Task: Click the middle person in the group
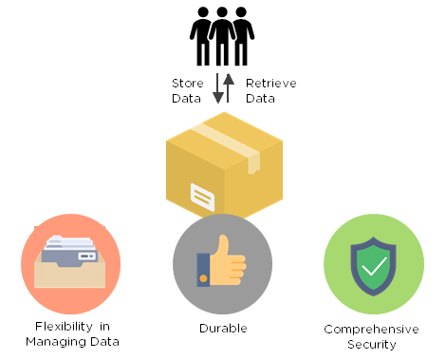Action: pyautogui.click(x=223, y=36)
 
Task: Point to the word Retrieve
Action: pyautogui.click(x=270, y=84)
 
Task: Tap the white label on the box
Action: pyautogui.click(x=203, y=197)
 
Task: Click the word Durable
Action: pyautogui.click(x=223, y=329)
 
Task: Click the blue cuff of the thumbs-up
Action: pyautogui.click(x=202, y=268)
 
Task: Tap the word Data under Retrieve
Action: pyautogui.click(x=261, y=98)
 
